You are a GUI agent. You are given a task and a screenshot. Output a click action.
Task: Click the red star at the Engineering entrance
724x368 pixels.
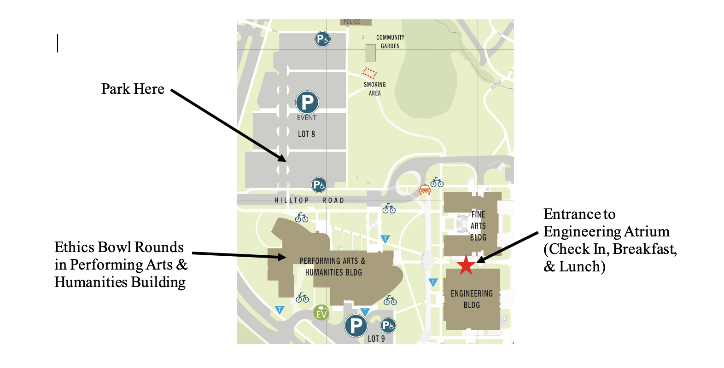(x=466, y=265)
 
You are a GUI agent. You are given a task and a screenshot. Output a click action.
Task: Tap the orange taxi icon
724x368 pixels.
(x=424, y=189)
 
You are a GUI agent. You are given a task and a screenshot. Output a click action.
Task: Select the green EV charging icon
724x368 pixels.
(x=321, y=313)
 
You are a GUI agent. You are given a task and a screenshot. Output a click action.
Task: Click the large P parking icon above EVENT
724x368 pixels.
(x=307, y=102)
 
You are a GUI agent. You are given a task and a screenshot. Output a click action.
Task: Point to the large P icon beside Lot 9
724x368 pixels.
(x=356, y=326)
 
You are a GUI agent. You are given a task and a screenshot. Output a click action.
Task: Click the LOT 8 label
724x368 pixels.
(x=306, y=134)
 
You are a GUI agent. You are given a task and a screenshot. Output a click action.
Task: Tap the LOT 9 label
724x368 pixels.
(x=376, y=339)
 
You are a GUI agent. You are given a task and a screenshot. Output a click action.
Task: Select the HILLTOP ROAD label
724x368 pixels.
(x=309, y=201)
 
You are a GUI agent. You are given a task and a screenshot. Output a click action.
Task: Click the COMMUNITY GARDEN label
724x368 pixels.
(x=390, y=41)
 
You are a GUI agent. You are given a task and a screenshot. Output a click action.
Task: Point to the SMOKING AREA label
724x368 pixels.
(x=375, y=89)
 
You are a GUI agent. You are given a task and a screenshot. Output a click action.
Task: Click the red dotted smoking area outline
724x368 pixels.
(x=369, y=73)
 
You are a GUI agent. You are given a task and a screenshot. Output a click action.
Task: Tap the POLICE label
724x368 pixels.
(x=352, y=22)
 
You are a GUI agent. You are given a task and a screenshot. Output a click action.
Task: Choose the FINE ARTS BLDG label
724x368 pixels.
(x=478, y=226)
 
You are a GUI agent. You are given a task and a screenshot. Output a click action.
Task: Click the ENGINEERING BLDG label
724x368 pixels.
(x=472, y=299)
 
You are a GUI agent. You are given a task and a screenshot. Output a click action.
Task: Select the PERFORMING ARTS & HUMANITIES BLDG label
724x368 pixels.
(x=333, y=267)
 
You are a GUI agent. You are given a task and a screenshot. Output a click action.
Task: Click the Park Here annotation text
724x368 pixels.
(x=133, y=89)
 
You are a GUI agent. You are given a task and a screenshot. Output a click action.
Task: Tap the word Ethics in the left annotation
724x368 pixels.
(x=74, y=247)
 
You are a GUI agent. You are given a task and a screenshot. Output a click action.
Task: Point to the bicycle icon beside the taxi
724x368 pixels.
(x=437, y=183)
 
